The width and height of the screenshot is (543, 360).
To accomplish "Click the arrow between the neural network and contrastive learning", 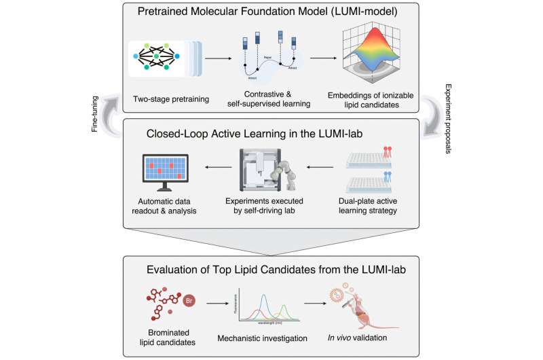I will (215, 58).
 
